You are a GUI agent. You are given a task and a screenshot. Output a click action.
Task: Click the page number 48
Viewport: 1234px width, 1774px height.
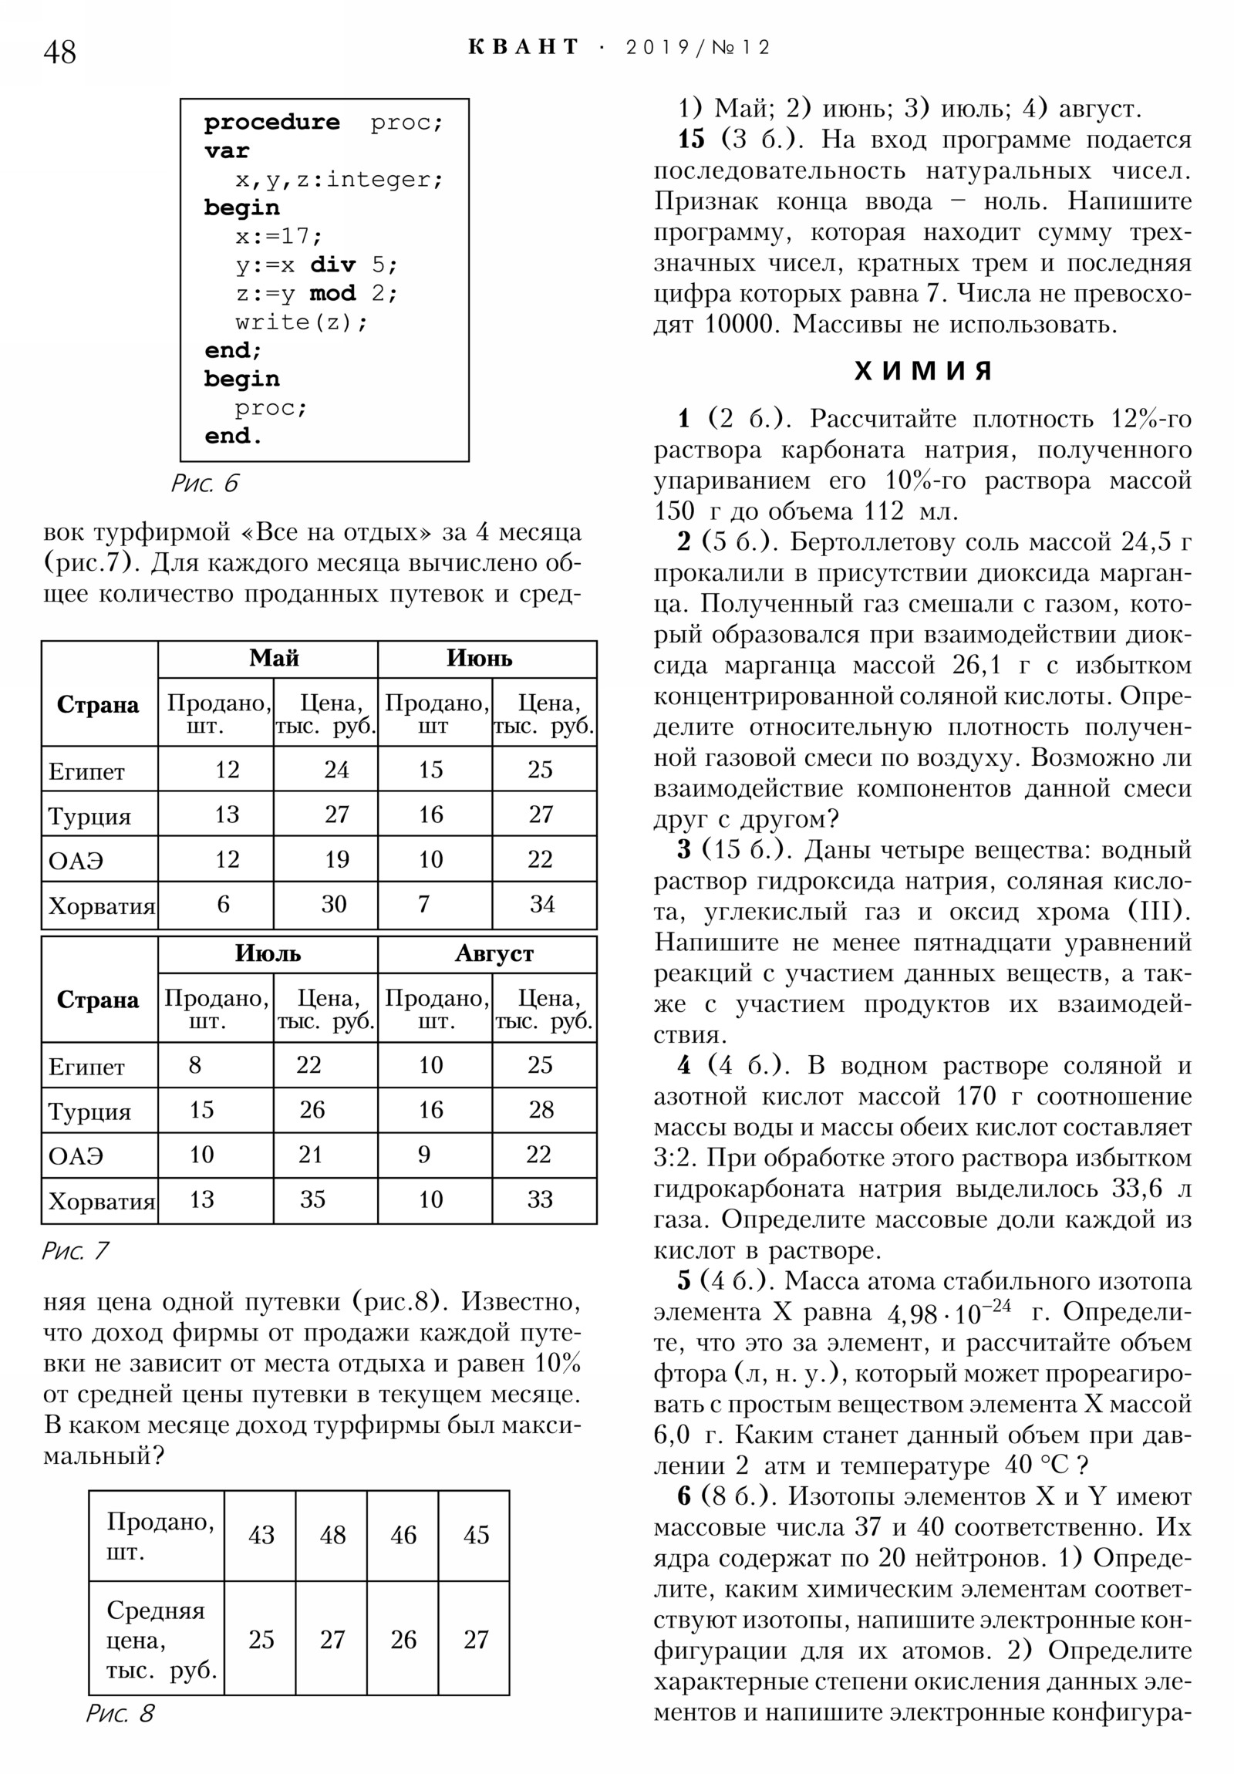tap(59, 52)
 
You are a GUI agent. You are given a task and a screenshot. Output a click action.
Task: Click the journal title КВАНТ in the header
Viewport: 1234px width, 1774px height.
tap(523, 48)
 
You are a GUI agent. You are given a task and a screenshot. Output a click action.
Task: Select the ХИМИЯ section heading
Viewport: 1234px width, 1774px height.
tap(922, 372)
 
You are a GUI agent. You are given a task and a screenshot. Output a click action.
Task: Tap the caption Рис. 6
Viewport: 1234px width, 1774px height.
tap(204, 484)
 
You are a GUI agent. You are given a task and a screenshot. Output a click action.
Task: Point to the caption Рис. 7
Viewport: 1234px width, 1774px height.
tap(75, 1250)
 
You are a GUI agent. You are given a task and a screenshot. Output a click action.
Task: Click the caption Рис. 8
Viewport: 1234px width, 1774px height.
tap(120, 1713)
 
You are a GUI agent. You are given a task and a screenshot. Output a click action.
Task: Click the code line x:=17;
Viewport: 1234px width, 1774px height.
tap(279, 236)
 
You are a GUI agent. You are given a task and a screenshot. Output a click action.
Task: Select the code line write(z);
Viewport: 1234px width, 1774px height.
tap(302, 322)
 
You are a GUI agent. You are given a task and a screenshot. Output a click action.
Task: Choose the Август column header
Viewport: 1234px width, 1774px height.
tap(494, 953)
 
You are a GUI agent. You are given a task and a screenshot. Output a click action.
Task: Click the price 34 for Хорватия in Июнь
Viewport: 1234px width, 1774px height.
tap(541, 904)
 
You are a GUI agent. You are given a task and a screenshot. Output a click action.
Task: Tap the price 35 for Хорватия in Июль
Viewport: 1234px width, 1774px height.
tap(312, 1199)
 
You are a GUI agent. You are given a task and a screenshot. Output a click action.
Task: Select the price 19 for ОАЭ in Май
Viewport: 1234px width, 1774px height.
tap(336, 859)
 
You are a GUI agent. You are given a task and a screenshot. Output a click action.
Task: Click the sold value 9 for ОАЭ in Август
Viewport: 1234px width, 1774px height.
tap(424, 1155)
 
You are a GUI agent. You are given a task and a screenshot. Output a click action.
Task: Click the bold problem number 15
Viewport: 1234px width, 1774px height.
tap(691, 140)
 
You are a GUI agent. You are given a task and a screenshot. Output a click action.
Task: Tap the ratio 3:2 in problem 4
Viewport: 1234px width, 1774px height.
tap(676, 1158)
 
